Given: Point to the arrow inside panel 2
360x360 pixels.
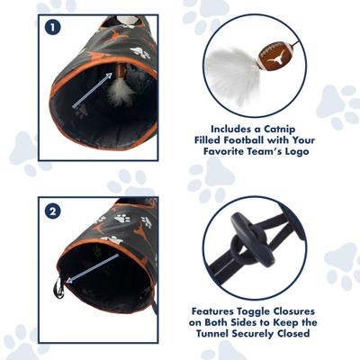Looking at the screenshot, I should click(90, 268).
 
